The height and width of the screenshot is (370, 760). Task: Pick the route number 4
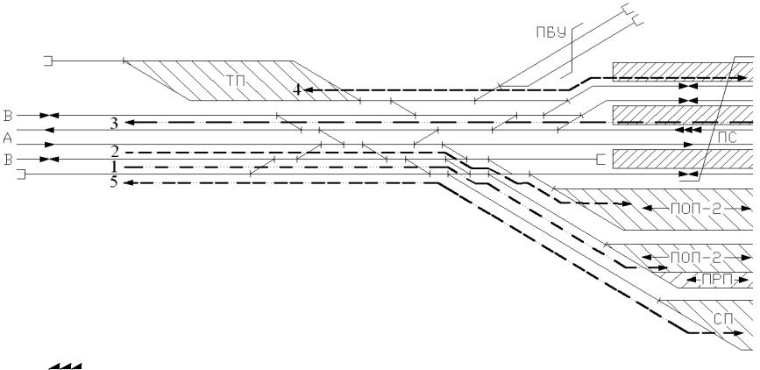298,89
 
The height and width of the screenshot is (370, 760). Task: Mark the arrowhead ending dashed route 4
310,90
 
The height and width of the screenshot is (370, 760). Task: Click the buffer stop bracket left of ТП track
49,60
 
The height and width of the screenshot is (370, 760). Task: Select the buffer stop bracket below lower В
23,175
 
